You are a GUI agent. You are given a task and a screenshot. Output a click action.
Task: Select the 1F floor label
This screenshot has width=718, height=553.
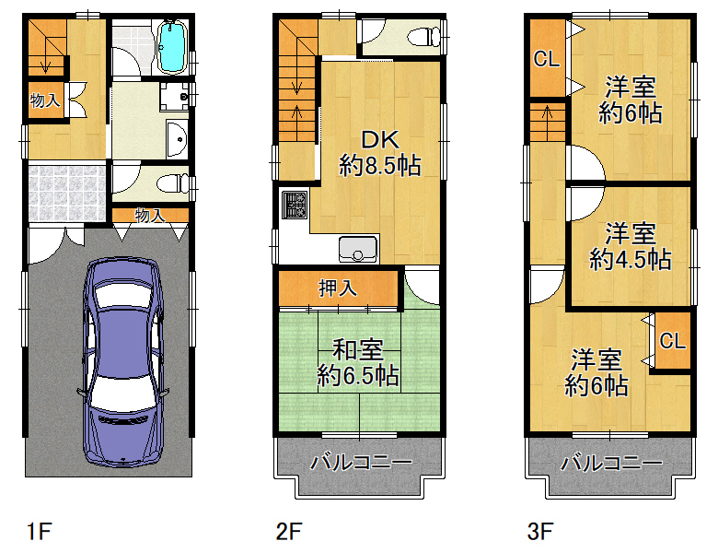pyautogui.click(x=39, y=532)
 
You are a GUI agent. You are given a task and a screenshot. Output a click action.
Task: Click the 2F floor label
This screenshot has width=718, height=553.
pyautogui.click(x=288, y=532)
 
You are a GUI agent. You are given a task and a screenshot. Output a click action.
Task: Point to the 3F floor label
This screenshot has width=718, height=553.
pyautogui.click(x=540, y=532)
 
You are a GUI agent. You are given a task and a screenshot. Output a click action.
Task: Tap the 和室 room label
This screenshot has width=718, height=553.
pyautogui.click(x=358, y=349)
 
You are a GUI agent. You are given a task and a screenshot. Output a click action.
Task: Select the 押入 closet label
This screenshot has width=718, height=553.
pyautogui.click(x=338, y=288)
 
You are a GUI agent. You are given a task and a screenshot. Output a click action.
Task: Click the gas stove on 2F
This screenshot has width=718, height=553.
pyautogui.click(x=294, y=205)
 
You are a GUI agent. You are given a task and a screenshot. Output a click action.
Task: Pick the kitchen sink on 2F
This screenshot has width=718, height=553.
pyautogui.click(x=358, y=249)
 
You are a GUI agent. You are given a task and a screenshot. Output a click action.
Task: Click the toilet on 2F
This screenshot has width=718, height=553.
pyautogui.click(x=424, y=37)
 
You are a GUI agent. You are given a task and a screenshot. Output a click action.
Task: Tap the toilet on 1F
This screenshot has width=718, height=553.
pyautogui.click(x=173, y=183)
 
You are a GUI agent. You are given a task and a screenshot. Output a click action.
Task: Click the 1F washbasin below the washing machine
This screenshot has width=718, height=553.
pyautogui.click(x=177, y=139)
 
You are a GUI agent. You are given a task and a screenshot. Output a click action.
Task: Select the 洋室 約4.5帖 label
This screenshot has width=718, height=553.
pyautogui.click(x=630, y=247)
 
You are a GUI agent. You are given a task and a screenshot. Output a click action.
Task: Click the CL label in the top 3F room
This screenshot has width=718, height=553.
pyautogui.click(x=546, y=59)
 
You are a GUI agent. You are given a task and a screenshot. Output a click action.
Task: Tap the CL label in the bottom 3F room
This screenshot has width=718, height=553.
pyautogui.click(x=672, y=341)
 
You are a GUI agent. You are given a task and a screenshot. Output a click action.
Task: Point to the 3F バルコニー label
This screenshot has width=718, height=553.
pyautogui.click(x=611, y=462)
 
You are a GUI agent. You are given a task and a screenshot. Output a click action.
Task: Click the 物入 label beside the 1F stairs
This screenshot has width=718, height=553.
pyautogui.click(x=44, y=100)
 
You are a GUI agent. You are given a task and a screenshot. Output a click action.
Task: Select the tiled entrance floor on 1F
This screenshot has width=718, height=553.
pyautogui.click(x=67, y=193)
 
